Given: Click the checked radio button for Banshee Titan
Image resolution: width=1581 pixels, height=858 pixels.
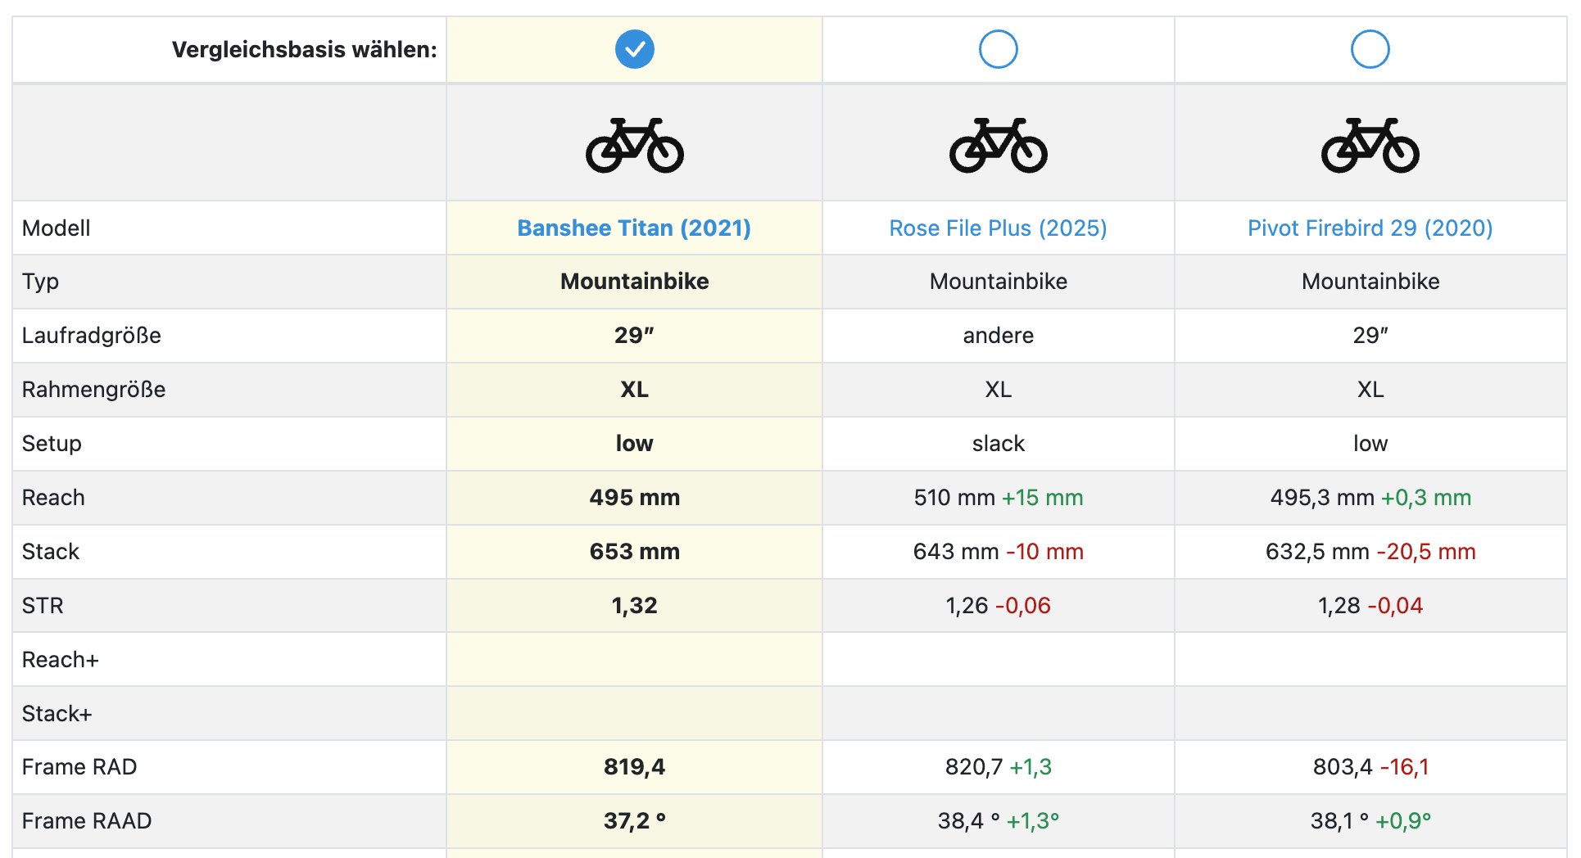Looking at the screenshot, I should click(634, 49).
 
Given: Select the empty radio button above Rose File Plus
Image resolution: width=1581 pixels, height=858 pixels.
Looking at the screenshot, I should click(998, 49).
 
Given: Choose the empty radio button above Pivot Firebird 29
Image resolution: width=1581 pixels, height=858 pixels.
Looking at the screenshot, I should click(1370, 49).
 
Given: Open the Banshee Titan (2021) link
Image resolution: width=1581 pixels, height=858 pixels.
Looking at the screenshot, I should click(634, 228).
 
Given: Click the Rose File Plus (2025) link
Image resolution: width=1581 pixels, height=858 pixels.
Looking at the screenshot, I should click(998, 228).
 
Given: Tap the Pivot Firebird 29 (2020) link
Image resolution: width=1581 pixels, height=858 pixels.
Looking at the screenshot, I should click(1370, 228).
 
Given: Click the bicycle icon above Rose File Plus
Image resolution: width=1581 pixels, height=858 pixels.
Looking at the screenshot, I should click(998, 145).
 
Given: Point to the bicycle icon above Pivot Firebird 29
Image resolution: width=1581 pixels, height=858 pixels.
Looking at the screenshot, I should click(1370, 145).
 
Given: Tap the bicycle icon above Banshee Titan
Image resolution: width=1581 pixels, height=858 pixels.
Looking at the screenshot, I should click(634, 145).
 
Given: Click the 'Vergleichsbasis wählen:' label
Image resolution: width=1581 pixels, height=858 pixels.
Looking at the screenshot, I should click(304, 49).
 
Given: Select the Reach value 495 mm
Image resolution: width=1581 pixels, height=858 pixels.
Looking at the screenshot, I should click(634, 497).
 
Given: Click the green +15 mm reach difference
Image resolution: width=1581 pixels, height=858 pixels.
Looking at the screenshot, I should click(1042, 497).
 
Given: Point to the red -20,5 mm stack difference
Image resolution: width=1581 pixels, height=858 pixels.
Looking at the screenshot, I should click(1426, 551).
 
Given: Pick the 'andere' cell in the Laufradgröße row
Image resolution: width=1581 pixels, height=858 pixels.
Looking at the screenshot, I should click(998, 335).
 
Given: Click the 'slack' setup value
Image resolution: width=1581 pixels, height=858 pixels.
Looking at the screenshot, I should click(998, 443).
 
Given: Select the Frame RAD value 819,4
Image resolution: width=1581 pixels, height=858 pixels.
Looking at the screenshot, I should click(634, 766).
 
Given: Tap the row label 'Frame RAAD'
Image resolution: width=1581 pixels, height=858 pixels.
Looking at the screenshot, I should click(87, 820).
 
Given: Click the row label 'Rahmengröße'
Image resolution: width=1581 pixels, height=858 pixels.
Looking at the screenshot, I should click(93, 389).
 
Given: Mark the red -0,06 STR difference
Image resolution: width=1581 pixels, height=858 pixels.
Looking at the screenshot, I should click(1023, 605).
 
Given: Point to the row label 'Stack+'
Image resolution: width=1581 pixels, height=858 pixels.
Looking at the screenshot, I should click(57, 713).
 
